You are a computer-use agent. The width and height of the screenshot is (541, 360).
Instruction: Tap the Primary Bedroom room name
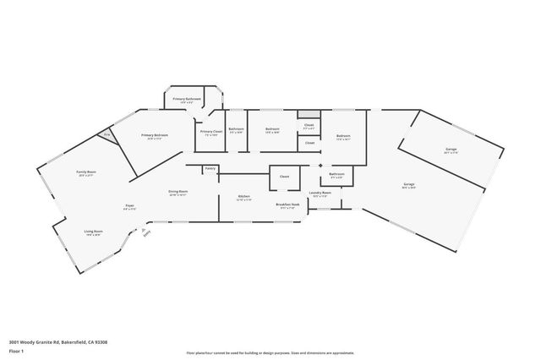(155, 135)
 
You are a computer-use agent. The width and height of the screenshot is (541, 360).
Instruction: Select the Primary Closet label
(210, 131)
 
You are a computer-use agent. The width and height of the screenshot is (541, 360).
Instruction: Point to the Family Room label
(86, 172)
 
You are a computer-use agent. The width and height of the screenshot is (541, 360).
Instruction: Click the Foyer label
(129, 205)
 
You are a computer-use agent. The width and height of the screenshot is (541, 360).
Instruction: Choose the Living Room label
(93, 231)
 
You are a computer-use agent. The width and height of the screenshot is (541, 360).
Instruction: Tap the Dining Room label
(178, 191)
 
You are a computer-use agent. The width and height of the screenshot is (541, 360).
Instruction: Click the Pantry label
(210, 168)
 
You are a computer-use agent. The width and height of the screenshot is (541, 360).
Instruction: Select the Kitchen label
(244, 196)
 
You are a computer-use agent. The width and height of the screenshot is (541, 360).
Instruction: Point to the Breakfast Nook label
(287, 204)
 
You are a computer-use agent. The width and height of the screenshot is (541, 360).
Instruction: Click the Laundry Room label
(320, 193)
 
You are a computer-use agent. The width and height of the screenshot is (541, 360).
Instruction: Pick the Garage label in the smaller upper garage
(451, 150)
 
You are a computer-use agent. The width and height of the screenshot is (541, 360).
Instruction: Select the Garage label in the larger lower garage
(408, 183)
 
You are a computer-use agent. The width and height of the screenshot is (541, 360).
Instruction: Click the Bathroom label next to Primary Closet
(236, 129)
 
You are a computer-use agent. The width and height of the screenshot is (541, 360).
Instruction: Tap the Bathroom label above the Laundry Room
(336, 174)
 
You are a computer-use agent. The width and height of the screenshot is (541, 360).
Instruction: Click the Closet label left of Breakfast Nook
(284, 177)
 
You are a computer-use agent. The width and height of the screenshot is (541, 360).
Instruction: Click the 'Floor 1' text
(16, 350)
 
